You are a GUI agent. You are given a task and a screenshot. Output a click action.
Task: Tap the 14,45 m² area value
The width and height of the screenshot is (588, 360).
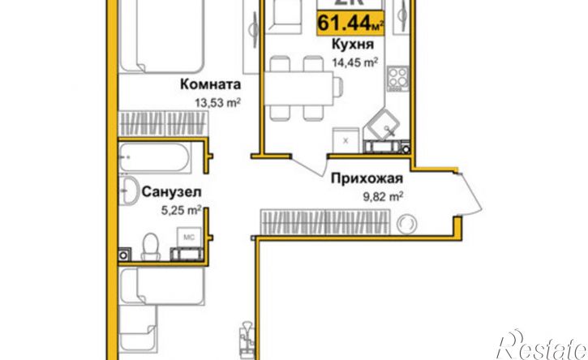coord(352,62)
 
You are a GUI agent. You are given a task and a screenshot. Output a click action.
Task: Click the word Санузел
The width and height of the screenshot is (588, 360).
coord(171,192)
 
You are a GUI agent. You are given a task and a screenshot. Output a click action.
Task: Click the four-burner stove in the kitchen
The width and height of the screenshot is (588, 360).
coord(397,79)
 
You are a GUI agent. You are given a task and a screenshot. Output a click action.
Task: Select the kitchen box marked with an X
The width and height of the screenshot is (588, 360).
coord(346,139)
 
